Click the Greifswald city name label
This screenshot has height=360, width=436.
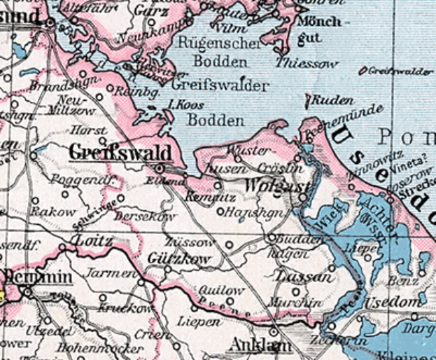(x=120, y=153)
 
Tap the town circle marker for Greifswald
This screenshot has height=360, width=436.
(x=159, y=168)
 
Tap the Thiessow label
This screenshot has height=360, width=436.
(x=307, y=64)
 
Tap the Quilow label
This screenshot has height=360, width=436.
(x=220, y=289)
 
